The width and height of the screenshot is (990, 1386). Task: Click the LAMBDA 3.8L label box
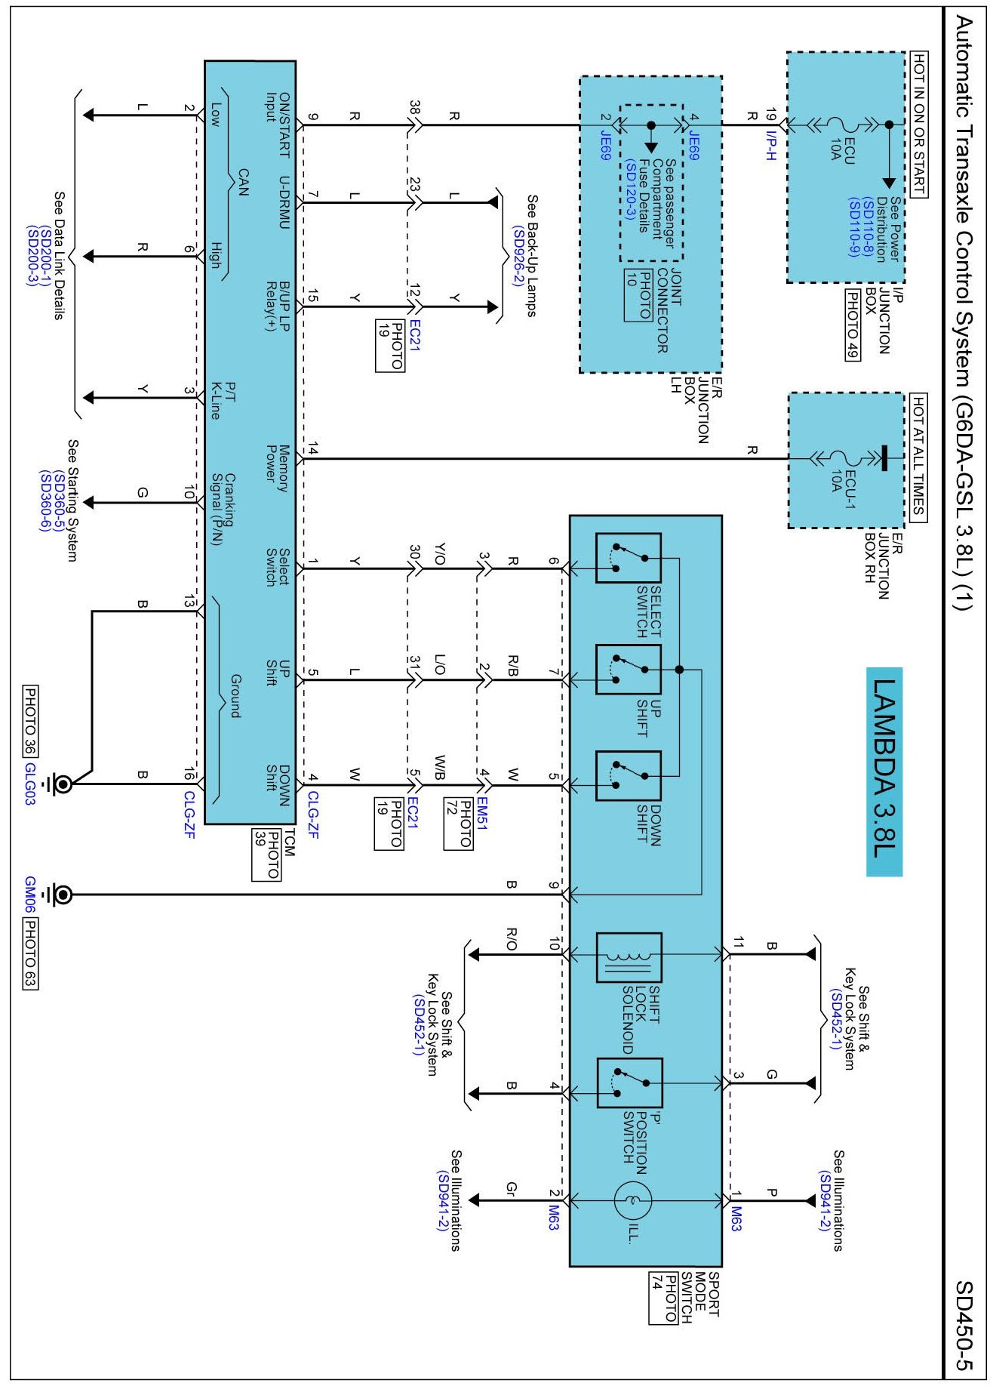pyautogui.click(x=884, y=772)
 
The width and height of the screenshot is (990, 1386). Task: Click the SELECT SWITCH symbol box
pyautogui.click(x=628, y=558)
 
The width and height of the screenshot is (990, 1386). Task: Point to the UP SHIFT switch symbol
pyautogui.click(x=628, y=669)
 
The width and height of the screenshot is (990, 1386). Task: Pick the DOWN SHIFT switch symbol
pyautogui.click(x=628, y=775)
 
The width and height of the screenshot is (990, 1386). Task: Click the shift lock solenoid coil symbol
pyautogui.click(x=629, y=957)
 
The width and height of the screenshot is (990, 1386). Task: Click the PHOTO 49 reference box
pyautogui.click(x=852, y=325)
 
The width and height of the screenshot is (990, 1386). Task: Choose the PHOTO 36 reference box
pyautogui.click(x=30, y=720)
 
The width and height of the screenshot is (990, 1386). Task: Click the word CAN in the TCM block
pyautogui.click(x=242, y=182)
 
